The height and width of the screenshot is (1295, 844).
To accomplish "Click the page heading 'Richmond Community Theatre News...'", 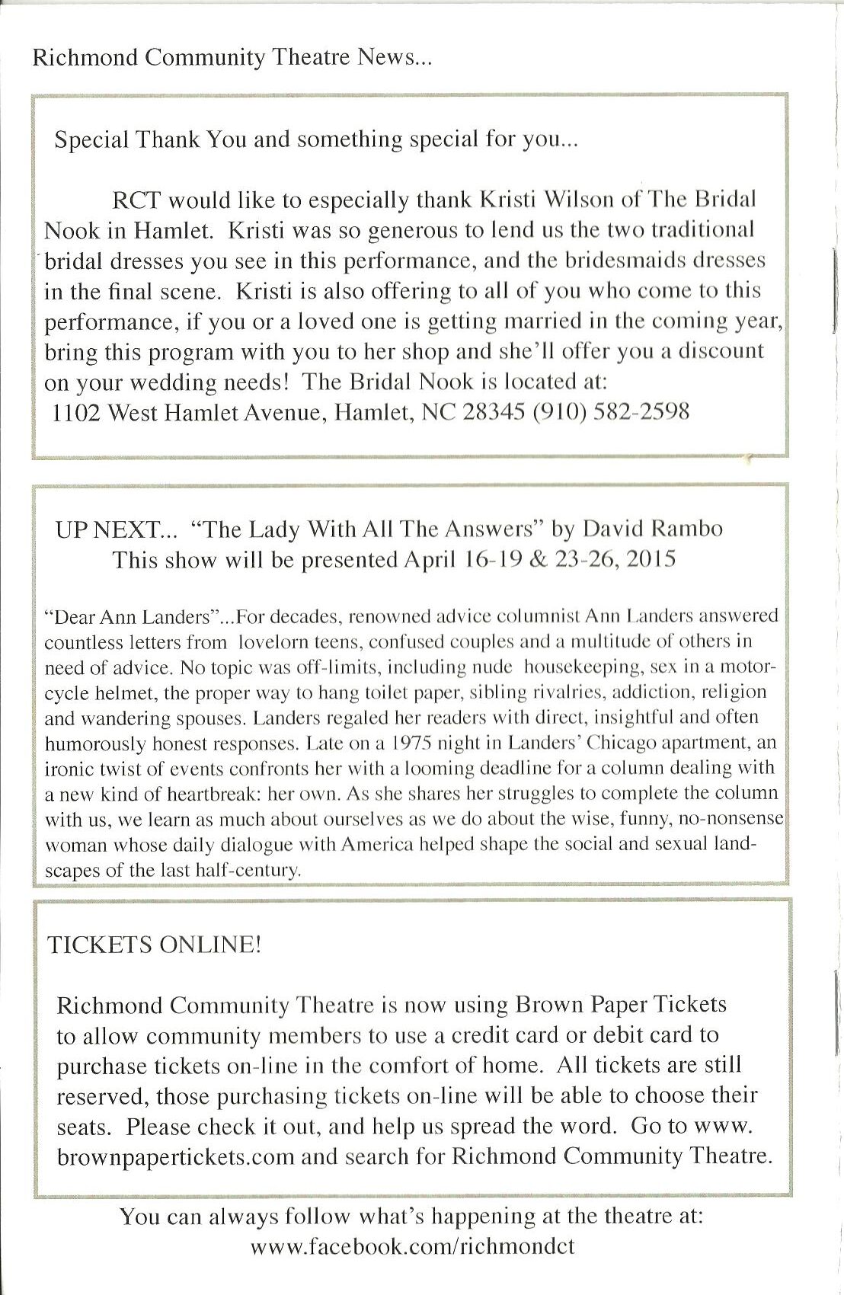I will point(232,59).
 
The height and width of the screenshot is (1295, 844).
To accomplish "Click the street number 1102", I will point(76,412).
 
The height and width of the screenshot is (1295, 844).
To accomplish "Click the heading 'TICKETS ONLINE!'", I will point(155,945).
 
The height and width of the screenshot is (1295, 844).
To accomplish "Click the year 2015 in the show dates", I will point(650,560).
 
